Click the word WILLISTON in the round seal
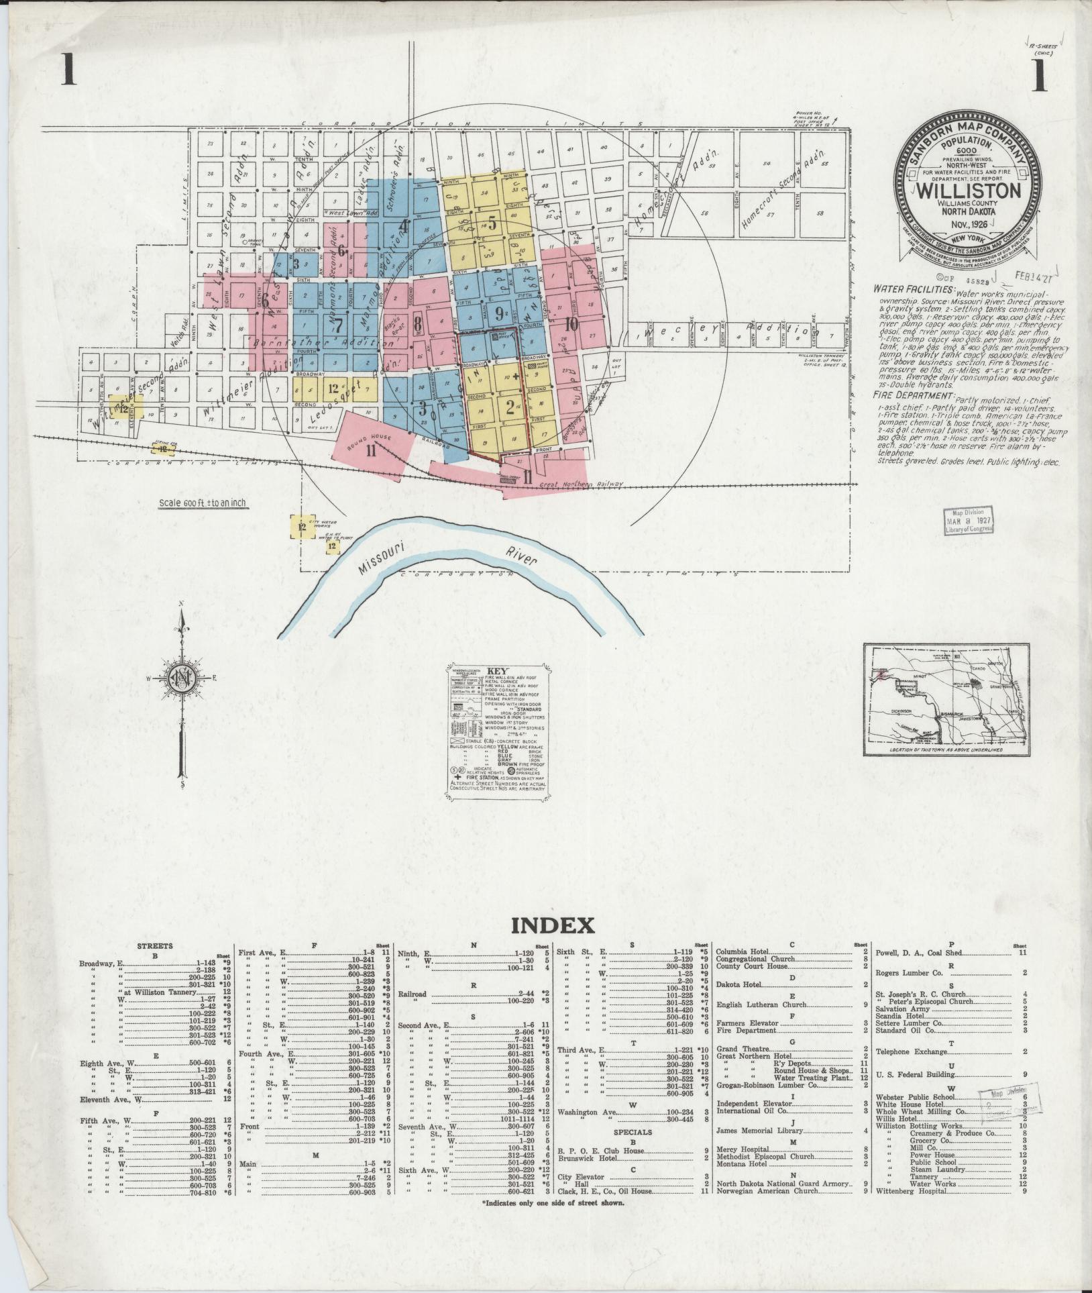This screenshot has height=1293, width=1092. [x=964, y=190]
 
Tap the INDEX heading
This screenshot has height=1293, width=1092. [x=553, y=926]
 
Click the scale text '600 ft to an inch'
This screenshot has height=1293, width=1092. [x=203, y=504]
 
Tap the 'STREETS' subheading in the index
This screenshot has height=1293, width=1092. [x=155, y=946]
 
